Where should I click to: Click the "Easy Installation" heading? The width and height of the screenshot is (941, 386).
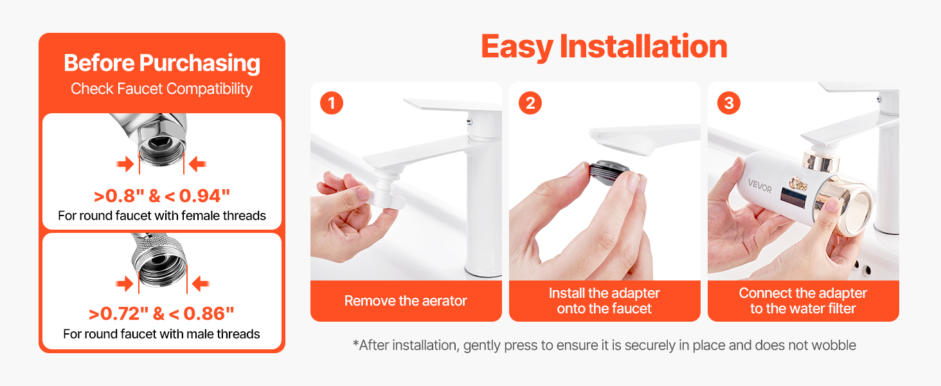coord(604,46)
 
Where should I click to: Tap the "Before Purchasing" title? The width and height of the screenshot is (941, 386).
coord(162,64)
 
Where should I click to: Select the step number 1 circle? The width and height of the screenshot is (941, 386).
coord(332,103)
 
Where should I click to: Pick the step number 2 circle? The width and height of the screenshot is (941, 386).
coord(530,103)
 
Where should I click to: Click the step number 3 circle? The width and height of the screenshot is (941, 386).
coord(729,103)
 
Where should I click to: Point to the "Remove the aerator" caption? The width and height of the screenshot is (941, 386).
coord(406,300)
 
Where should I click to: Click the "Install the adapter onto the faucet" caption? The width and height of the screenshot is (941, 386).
coord(604,300)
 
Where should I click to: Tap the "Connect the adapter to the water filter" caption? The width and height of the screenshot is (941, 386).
coord(803,300)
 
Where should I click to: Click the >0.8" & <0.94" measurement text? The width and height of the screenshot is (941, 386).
coord(162,196)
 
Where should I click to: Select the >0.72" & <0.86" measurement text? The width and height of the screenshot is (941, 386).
coord(161,314)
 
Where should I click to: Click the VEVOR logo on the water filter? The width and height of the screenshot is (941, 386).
coord(760,186)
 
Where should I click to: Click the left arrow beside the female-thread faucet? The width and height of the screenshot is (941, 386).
coord(125,164)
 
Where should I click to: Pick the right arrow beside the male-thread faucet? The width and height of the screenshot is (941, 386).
coord(201,284)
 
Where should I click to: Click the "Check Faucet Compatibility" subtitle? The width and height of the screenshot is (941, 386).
coord(161,89)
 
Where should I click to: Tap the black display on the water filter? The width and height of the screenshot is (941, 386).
coord(794,198)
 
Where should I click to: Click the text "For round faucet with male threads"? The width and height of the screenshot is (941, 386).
coord(161,334)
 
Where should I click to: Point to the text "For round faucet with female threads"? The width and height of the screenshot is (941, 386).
coord(162,216)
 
